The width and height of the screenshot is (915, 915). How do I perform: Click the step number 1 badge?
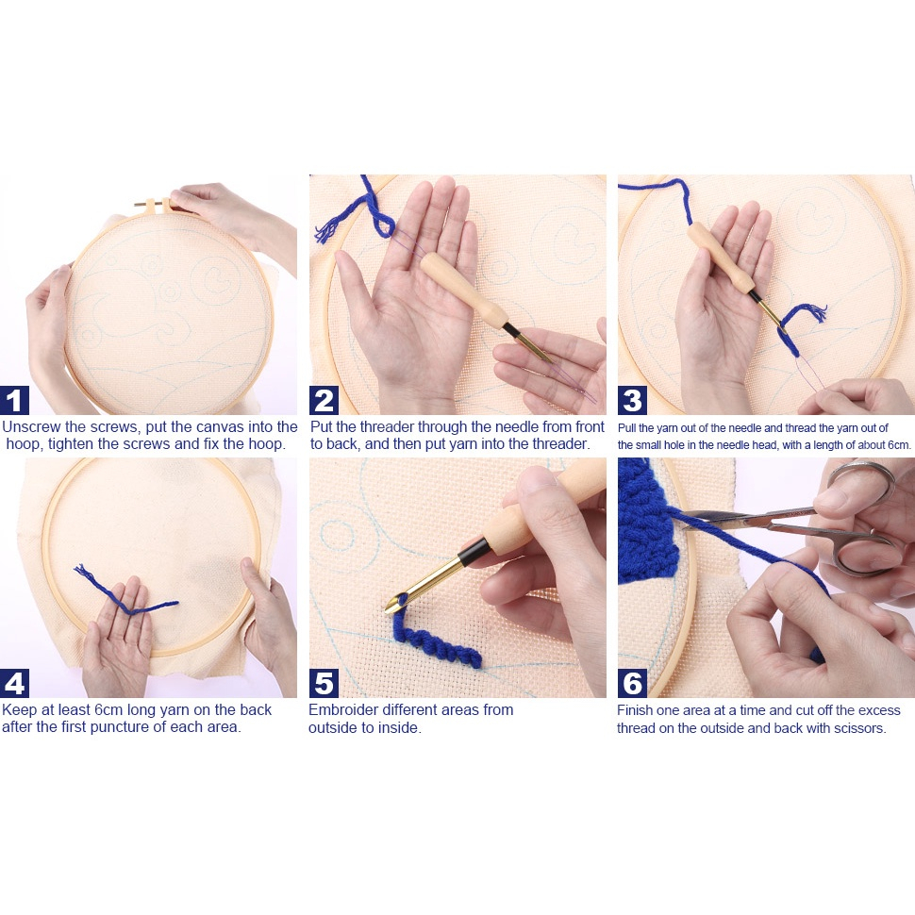pos(14,400)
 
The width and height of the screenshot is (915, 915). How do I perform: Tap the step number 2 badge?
pos(324,400)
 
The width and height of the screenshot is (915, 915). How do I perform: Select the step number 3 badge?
pos(633,400)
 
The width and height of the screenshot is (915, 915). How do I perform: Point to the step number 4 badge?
pos(14,683)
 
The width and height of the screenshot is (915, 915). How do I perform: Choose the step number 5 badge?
pos(324,683)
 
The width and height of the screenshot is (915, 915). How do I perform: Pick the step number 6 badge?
pos(633,683)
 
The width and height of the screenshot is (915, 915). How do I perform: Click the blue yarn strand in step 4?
pos(125,591)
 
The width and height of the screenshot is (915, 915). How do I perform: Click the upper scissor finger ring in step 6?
pos(860,478)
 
